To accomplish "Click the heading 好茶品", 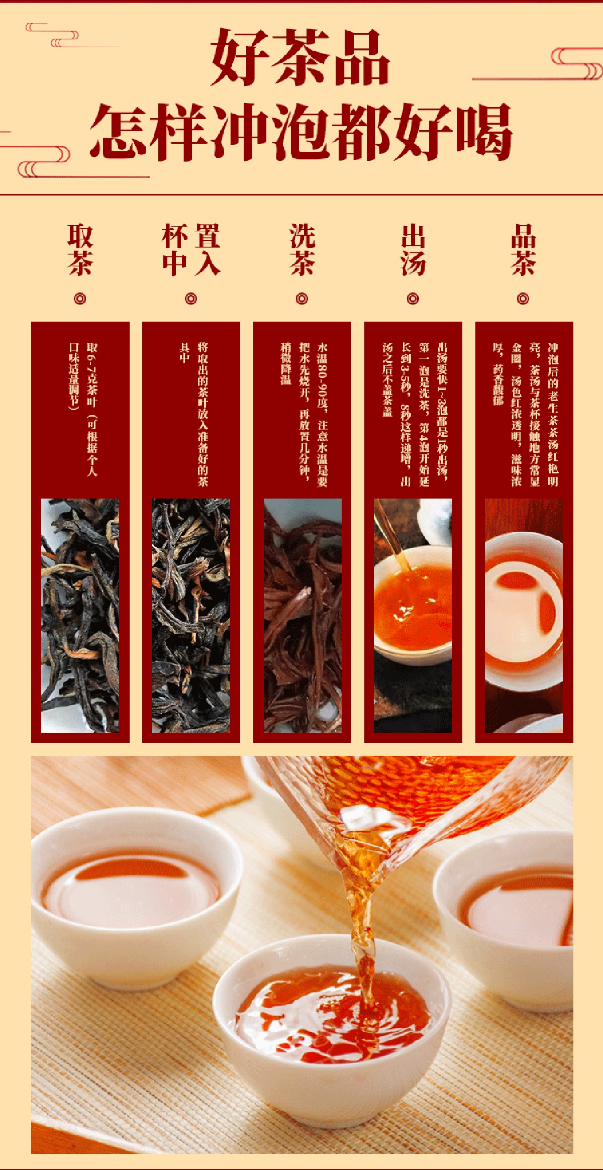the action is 300,56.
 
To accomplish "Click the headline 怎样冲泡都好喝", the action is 301,132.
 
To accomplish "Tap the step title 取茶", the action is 80,249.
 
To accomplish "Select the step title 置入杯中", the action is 191,249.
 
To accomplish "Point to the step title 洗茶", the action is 302,249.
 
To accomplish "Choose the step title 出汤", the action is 413,249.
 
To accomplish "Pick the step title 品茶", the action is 523,249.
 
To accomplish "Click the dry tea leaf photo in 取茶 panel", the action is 80,616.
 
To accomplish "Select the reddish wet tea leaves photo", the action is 303,616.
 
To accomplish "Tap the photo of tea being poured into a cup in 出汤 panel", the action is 413,616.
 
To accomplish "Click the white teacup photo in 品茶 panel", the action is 524,616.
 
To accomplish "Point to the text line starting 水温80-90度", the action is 322,415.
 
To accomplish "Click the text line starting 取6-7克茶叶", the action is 92,410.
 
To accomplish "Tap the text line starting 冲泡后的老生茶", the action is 553,415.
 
